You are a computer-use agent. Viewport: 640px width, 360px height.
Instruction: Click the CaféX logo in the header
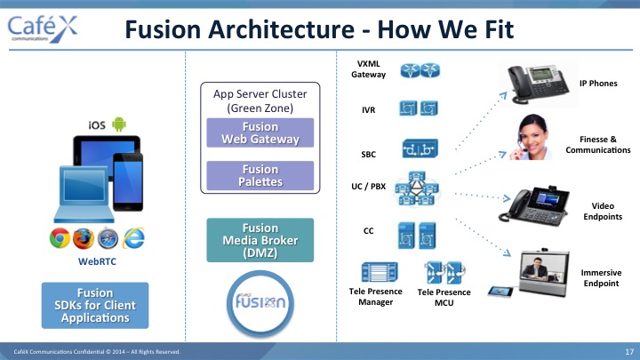pyautogui.click(x=43, y=29)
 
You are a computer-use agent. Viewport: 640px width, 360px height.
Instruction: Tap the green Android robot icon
pyautogui.click(x=119, y=124)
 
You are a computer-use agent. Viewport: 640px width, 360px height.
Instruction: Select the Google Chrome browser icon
pyautogui.click(x=60, y=238)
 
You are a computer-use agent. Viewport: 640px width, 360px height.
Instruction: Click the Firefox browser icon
pyautogui.click(x=84, y=238)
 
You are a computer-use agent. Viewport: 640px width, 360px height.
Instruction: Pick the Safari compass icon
pyautogui.click(x=108, y=238)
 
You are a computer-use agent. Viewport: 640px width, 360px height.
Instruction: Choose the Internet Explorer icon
pyautogui.click(x=133, y=238)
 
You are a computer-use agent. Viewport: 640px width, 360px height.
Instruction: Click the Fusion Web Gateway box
pyautogui.click(x=260, y=132)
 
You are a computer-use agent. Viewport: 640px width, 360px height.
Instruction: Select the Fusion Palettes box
pyautogui.click(x=260, y=175)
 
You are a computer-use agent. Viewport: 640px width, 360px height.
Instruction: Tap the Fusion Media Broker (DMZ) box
pyautogui.click(x=260, y=240)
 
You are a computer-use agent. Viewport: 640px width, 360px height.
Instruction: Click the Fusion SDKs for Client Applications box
pyautogui.click(x=95, y=305)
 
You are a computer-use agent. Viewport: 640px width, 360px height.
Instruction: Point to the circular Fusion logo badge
pyautogui.click(x=260, y=303)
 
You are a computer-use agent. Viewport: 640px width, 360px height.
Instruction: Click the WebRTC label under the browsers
pyautogui.click(x=97, y=261)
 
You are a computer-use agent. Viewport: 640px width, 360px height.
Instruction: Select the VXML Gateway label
pyautogui.click(x=369, y=69)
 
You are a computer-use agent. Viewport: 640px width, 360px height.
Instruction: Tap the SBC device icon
pyautogui.click(x=420, y=148)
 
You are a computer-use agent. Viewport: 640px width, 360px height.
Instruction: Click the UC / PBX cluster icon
pyautogui.click(x=417, y=188)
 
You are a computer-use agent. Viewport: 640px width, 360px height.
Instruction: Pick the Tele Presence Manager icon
pyautogui.click(x=380, y=272)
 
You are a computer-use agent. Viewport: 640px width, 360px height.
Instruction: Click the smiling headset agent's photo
pyautogui.click(x=531, y=137)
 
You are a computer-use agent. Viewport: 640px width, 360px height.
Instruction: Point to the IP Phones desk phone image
pyautogui.click(x=539, y=84)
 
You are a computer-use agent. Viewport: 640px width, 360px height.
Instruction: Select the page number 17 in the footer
pyautogui.click(x=629, y=352)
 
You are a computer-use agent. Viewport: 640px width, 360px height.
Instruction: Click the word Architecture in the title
pyautogui.click(x=281, y=29)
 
